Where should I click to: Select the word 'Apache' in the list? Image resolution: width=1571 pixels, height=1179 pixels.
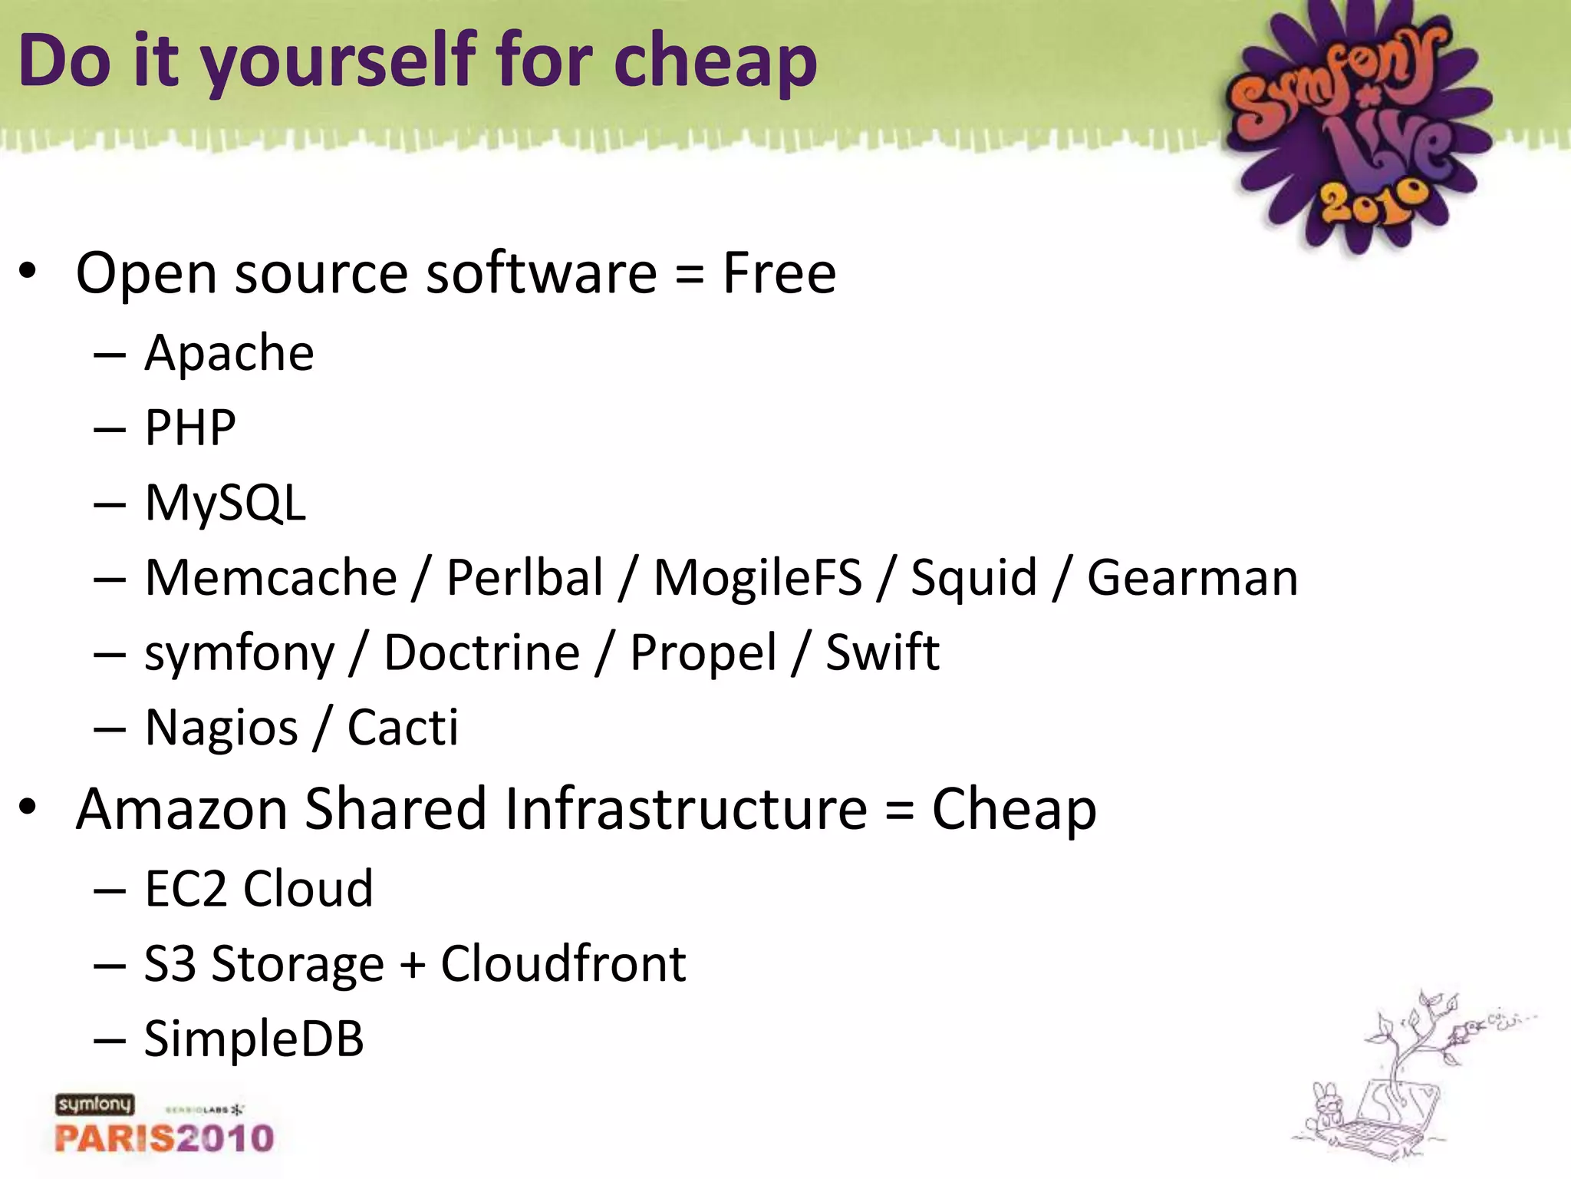(229, 353)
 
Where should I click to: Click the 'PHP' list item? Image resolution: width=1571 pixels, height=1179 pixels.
(190, 428)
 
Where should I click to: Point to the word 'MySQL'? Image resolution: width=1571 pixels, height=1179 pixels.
(226, 504)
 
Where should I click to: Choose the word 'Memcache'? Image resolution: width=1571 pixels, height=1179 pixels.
(271, 577)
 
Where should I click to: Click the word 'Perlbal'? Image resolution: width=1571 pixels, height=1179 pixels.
(525, 577)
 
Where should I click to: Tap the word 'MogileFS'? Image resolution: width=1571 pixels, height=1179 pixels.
(757, 577)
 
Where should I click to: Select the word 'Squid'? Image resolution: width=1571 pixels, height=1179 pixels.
(973, 579)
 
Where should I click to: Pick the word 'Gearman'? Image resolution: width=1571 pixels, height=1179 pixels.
(1192, 577)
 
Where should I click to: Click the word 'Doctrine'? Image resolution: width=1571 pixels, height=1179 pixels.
(482, 652)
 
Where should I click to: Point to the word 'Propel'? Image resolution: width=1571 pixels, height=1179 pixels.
(703, 654)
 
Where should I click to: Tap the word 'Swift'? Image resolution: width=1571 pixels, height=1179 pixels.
(882, 652)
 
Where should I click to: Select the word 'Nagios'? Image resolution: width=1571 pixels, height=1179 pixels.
(222, 728)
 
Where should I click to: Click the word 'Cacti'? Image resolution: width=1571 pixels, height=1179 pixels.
(403, 727)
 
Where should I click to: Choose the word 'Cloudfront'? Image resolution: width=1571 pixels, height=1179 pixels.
(563, 963)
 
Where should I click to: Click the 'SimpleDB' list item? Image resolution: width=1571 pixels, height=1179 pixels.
(254, 1039)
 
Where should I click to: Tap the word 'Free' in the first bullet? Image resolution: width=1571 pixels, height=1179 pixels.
(779, 273)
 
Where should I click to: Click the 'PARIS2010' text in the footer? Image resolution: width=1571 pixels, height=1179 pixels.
(164, 1138)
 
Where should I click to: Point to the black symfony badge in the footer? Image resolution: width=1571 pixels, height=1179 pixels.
(94, 1105)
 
